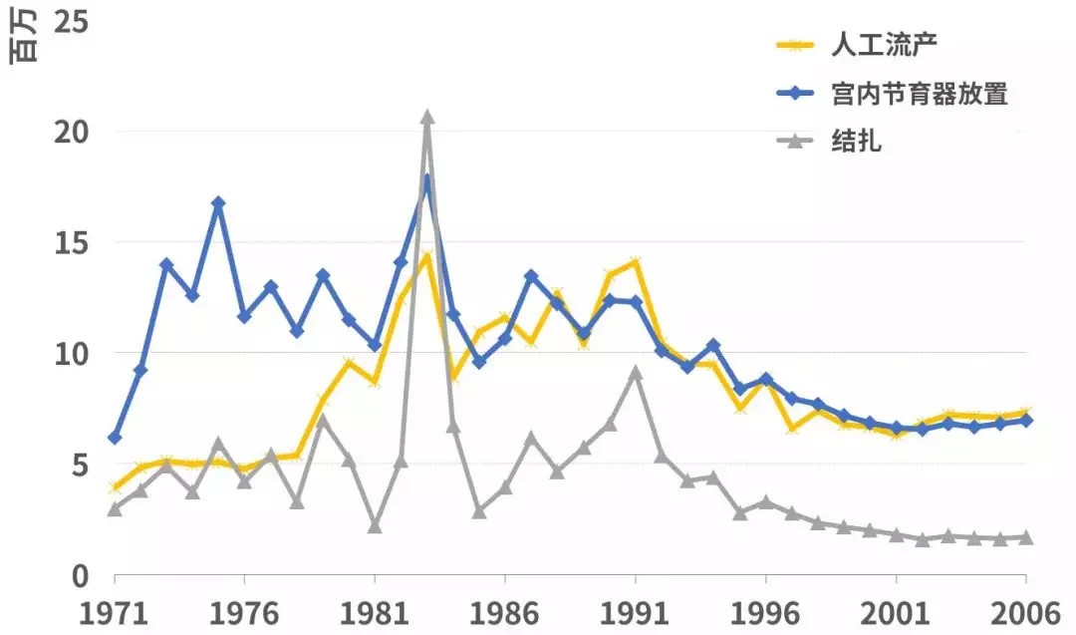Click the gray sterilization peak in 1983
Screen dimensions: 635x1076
coord(426,118)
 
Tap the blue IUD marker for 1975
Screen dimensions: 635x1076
coord(218,202)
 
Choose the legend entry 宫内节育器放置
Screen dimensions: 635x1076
coord(918,94)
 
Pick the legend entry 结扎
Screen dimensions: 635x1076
coord(856,142)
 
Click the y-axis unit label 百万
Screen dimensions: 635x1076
coord(22,40)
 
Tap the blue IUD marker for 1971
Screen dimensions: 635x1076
coord(115,438)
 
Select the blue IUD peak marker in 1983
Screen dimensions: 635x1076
coord(426,180)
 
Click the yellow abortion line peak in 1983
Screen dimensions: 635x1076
coord(426,256)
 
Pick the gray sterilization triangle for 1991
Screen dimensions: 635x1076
coord(635,373)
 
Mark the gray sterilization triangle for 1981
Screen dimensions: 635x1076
coord(375,525)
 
